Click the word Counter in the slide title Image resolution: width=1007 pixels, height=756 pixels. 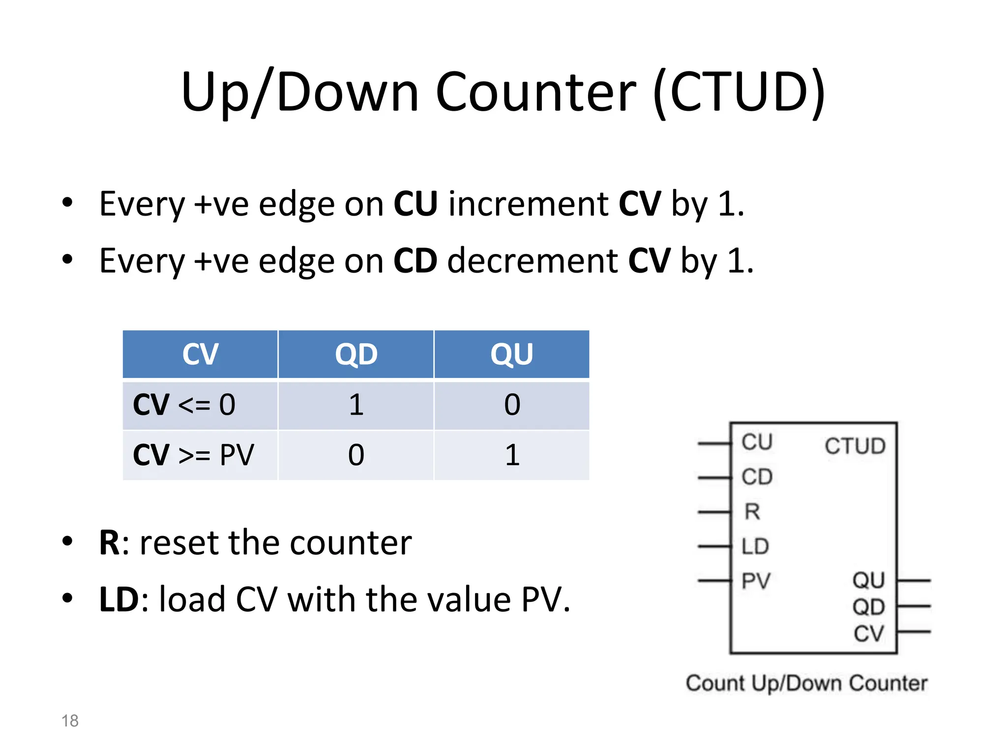tap(536, 93)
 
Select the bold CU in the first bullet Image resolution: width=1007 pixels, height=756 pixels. tap(415, 203)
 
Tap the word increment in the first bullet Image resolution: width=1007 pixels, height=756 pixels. tap(529, 203)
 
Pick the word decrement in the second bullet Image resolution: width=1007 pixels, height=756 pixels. tap(533, 260)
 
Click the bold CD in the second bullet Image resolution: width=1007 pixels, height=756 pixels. tap(415, 260)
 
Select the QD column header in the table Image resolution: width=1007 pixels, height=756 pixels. tap(356, 354)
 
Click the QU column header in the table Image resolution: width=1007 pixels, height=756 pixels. tap(512, 354)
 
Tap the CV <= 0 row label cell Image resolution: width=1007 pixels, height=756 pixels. tap(200, 405)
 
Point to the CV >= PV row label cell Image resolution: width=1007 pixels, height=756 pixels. tap(200, 455)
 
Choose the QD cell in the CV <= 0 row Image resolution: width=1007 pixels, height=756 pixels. tap(356, 405)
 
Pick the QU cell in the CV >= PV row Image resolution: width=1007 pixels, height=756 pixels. tap(512, 455)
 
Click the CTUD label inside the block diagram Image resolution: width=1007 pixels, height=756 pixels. tap(855, 446)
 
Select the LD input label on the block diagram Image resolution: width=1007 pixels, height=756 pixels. tap(755, 546)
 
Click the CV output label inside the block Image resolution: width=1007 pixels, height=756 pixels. tap(869, 633)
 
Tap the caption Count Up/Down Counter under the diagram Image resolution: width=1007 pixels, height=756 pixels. tap(806, 683)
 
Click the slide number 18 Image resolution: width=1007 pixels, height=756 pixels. tap(70, 721)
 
